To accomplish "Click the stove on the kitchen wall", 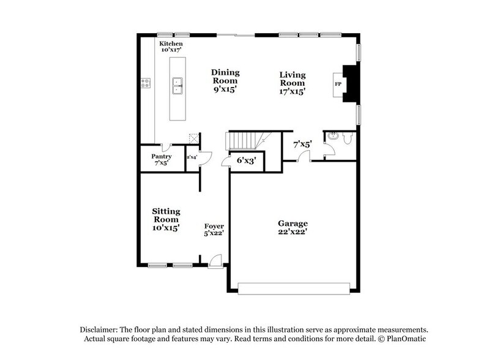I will pyautogui.click(x=146, y=81).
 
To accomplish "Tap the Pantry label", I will pyautogui.click(x=162, y=160).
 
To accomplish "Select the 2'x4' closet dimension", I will pyautogui.click(x=191, y=157).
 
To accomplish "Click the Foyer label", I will pyautogui.click(x=214, y=230).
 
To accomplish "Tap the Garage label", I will pyautogui.click(x=292, y=227).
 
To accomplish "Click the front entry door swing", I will pyautogui.click(x=215, y=261).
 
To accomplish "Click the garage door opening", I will pyautogui.click(x=294, y=287).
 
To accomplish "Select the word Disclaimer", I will pyautogui.click(x=102, y=329).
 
